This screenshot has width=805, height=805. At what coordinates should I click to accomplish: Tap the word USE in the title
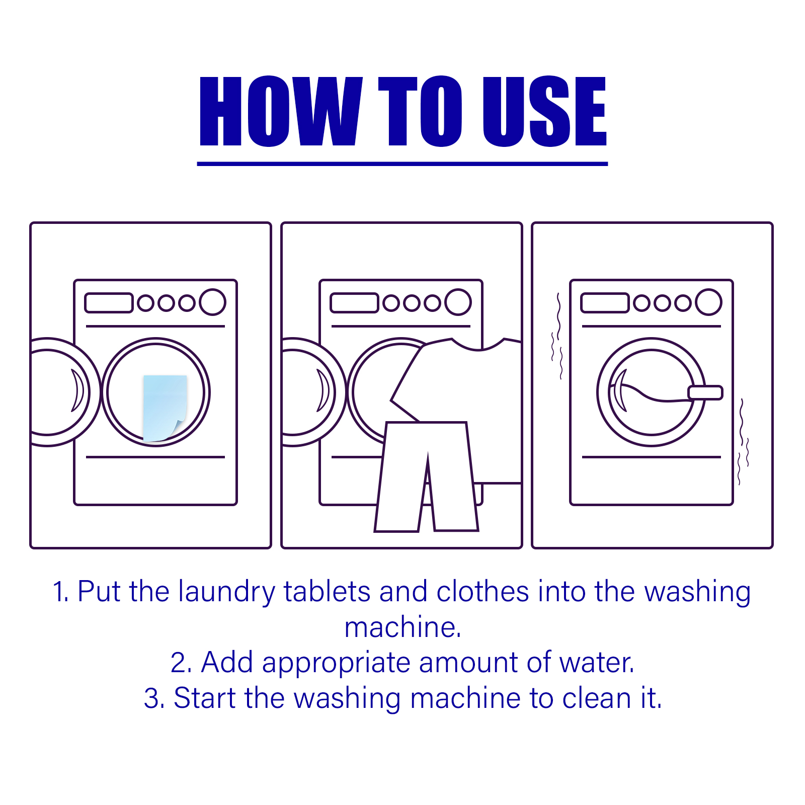pyautogui.click(x=544, y=111)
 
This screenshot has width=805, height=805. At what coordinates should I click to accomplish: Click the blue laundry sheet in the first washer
pyautogui.click(x=165, y=408)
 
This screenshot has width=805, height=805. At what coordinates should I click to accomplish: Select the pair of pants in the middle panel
pyautogui.click(x=427, y=476)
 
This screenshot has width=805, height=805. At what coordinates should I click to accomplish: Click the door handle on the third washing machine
pyautogui.click(x=705, y=392)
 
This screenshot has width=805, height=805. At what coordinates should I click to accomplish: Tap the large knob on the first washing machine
pyautogui.click(x=212, y=302)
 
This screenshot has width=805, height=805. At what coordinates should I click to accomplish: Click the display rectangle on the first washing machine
pyautogui.click(x=109, y=303)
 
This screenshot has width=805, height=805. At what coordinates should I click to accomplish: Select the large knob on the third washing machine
pyautogui.click(x=708, y=302)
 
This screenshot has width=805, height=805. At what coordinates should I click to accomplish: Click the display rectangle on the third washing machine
pyautogui.click(x=605, y=303)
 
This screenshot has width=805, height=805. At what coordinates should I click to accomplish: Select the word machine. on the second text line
pyautogui.click(x=403, y=627)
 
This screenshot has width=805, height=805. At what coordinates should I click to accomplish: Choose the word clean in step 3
pyautogui.click(x=597, y=698)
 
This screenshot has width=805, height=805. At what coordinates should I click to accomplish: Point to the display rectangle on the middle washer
pyautogui.click(x=354, y=303)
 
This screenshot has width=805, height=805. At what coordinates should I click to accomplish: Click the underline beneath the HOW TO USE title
pyautogui.click(x=403, y=164)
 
